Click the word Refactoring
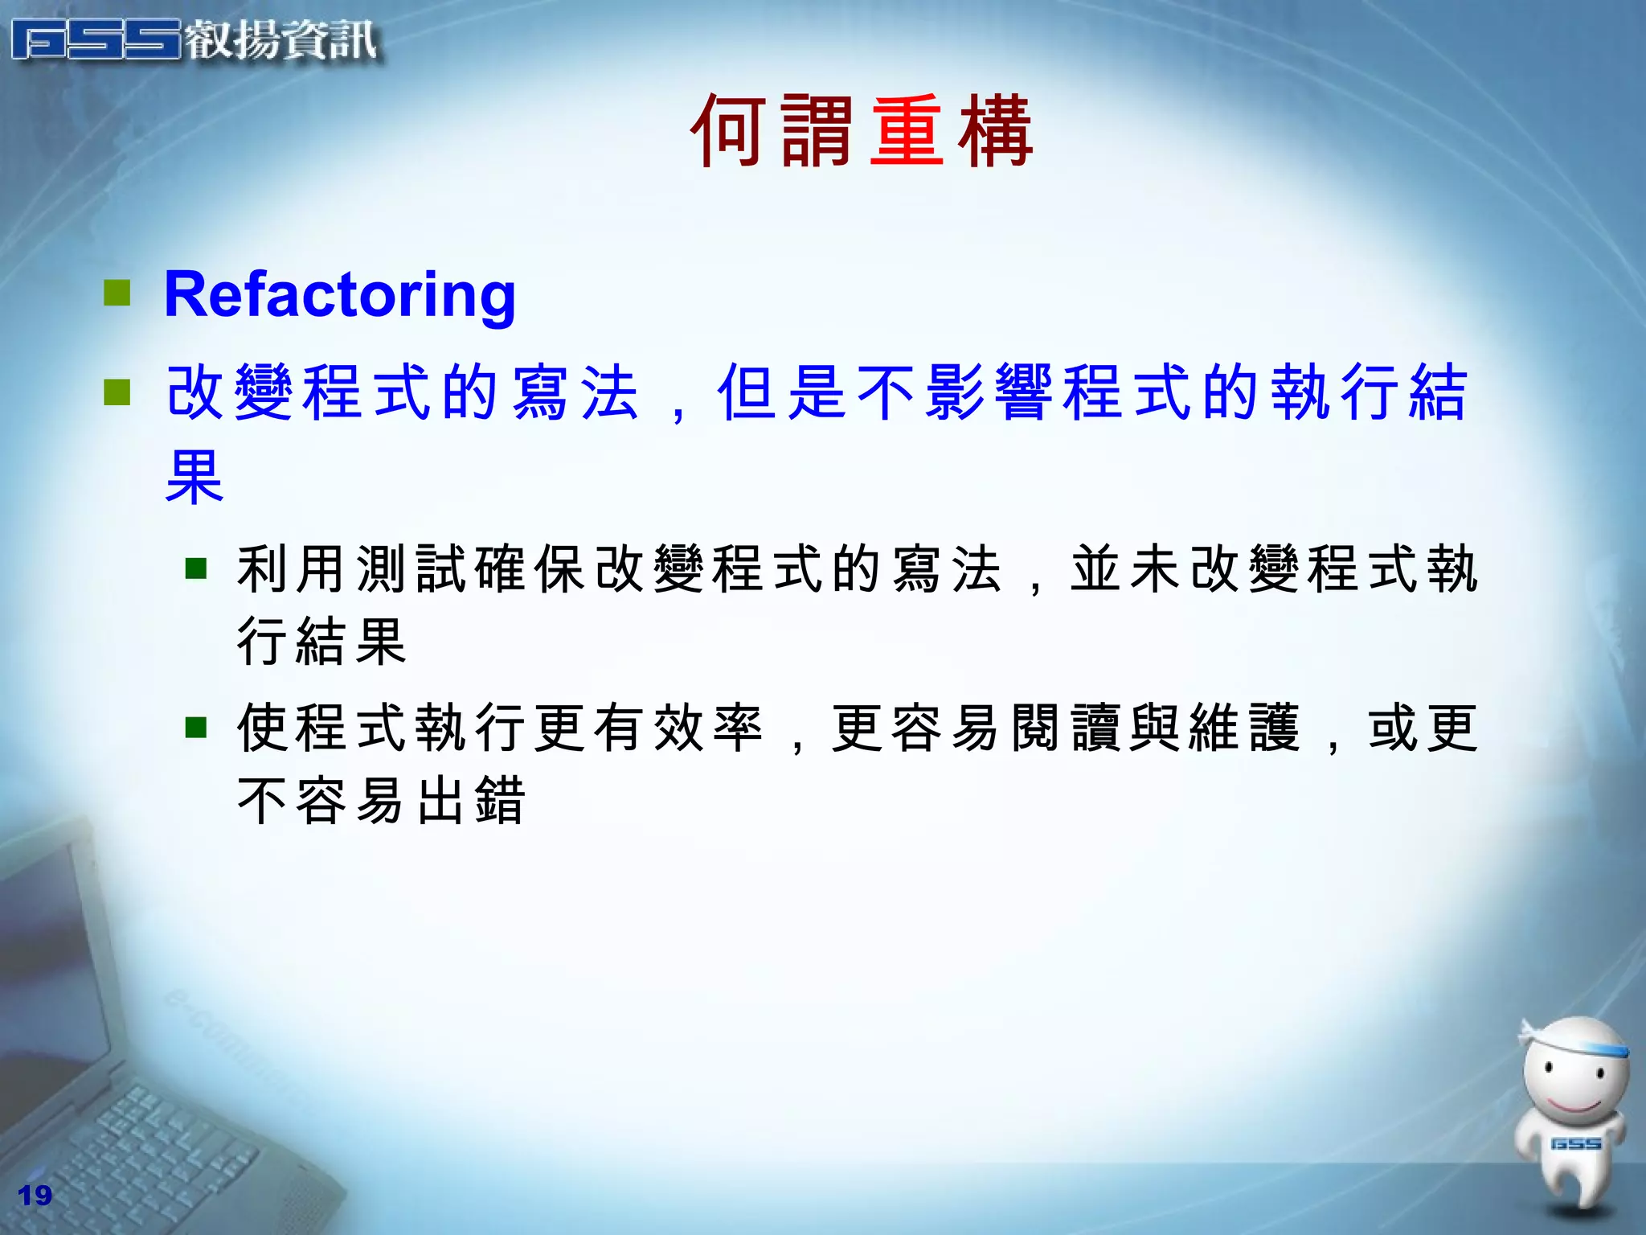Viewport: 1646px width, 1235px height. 339,296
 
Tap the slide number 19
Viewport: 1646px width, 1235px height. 35,1195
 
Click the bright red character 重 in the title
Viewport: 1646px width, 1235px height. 907,130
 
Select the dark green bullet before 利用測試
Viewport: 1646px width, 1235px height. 196,569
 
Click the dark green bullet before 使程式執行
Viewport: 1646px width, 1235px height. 196,728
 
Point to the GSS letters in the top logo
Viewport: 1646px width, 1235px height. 96,40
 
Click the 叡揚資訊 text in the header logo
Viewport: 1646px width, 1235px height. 281,40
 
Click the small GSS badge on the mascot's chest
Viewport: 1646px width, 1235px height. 1575,1143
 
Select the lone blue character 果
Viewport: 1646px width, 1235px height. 194,476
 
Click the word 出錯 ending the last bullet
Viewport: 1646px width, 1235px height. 471,801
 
